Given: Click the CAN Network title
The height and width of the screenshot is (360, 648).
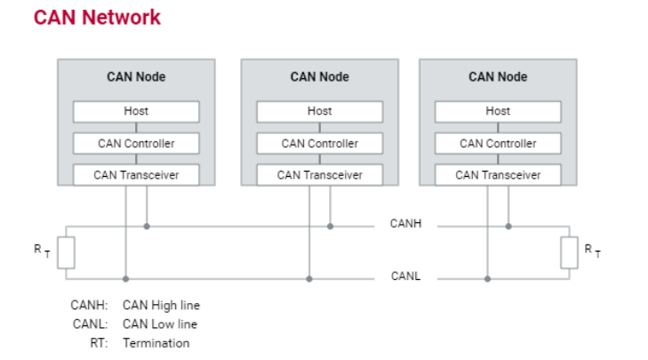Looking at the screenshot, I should tap(97, 18).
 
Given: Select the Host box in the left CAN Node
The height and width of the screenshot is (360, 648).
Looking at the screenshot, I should tap(136, 112).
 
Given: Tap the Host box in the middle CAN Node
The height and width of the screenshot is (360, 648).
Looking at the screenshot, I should tap(319, 112).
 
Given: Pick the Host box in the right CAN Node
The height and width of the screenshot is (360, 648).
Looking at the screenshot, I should tap(498, 112).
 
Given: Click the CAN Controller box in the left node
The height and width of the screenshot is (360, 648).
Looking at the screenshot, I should tap(136, 143).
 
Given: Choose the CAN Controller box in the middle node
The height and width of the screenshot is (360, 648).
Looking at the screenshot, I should tap(319, 143).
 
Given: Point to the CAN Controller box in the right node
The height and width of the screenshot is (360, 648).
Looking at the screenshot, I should tap(498, 143).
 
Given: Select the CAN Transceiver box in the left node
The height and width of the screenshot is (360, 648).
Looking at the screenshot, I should tap(136, 175).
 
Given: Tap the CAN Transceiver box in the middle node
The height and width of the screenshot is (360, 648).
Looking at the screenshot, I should tap(319, 175).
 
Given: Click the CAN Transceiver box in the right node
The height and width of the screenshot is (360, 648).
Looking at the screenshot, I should tap(498, 175).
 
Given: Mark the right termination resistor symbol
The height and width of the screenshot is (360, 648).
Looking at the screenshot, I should tap(569, 252).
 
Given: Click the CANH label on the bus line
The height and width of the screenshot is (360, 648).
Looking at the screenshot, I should tap(405, 224).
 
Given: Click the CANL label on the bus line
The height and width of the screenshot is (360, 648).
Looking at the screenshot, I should tap(405, 276).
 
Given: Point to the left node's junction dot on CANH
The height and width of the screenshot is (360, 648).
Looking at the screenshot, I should tap(147, 226).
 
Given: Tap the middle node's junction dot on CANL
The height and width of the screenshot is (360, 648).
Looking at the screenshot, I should tap(309, 278).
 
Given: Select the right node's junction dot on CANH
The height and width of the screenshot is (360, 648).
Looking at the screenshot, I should tap(508, 226).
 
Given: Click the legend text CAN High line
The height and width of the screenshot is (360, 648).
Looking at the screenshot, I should tap(161, 306).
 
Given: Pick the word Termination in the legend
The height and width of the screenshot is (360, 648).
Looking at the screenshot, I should tap(156, 343).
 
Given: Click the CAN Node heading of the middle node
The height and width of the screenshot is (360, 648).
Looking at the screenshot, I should tap(319, 76).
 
